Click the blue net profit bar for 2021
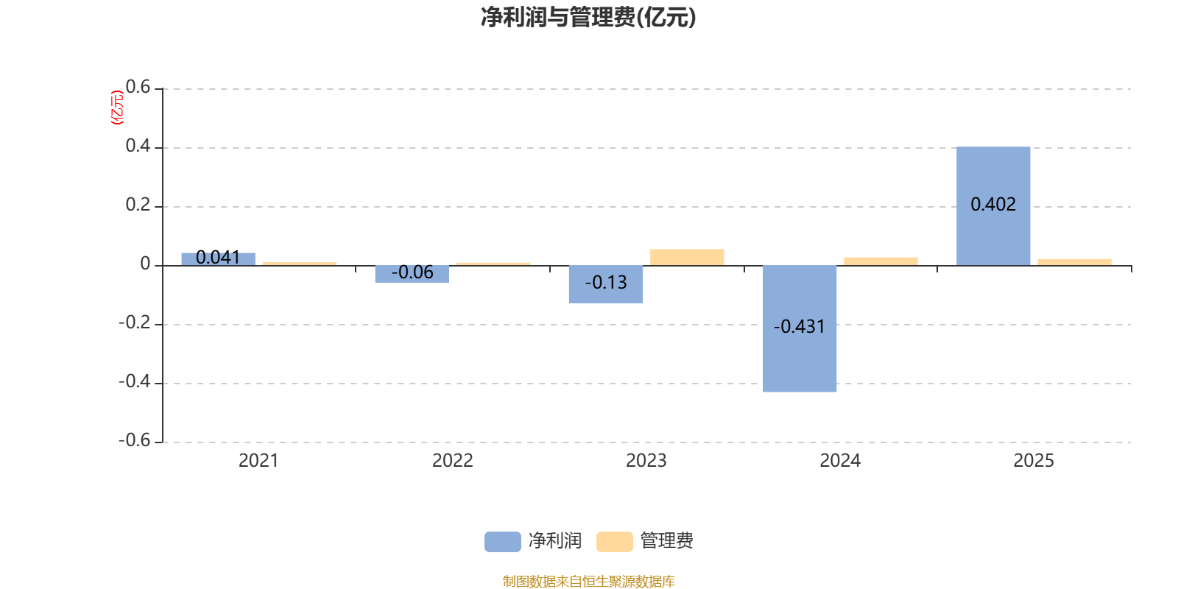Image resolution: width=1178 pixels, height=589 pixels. click(x=218, y=258)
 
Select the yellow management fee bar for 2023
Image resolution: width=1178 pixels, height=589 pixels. click(x=687, y=257)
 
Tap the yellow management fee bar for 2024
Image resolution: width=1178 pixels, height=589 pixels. click(x=881, y=261)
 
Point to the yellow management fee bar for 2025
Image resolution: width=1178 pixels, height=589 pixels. click(x=1074, y=262)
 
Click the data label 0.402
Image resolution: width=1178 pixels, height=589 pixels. click(x=993, y=205)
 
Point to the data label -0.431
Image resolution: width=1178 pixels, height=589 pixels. click(x=800, y=327)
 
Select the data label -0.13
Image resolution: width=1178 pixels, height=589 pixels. click(x=606, y=283)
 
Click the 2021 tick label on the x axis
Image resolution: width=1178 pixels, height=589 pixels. click(x=258, y=461)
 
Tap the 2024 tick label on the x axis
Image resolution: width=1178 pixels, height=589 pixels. click(x=840, y=461)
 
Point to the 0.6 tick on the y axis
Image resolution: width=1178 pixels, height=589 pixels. click(x=138, y=88)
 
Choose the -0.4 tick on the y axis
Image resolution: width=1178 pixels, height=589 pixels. click(x=134, y=382)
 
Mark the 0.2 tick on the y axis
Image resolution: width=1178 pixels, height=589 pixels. click(x=138, y=205)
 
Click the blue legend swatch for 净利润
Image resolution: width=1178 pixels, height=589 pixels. click(x=502, y=541)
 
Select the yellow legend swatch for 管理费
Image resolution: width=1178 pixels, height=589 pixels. click(x=614, y=541)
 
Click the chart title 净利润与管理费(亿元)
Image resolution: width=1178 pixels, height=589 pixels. click(x=588, y=17)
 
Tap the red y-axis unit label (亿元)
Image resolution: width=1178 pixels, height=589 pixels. click(x=117, y=107)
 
